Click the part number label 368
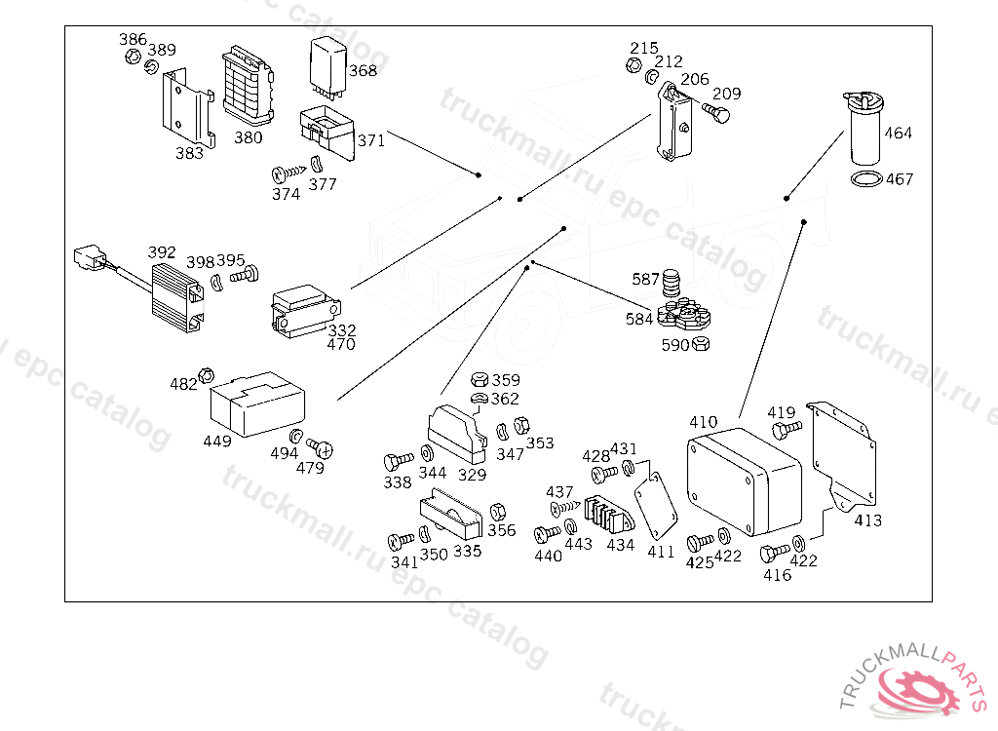(x=363, y=71)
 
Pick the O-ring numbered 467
(x=865, y=179)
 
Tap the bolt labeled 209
(x=719, y=115)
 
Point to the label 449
(x=217, y=442)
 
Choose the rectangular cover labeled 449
(x=257, y=404)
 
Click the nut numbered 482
(x=207, y=375)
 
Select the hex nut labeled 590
(x=702, y=343)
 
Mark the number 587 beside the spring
(x=645, y=280)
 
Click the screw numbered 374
(x=282, y=173)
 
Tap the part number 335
(x=468, y=552)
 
